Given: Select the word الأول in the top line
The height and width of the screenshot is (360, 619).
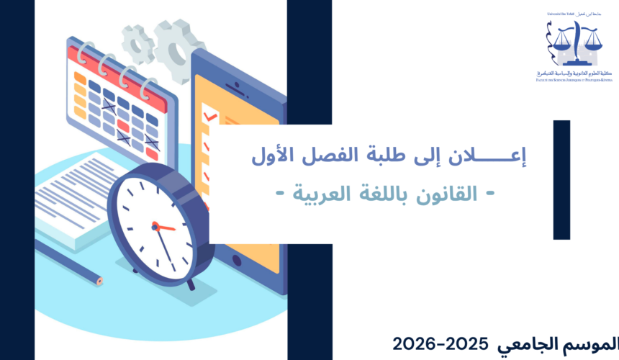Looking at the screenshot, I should [274, 155].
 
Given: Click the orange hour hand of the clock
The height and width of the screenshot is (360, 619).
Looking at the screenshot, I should [164, 227].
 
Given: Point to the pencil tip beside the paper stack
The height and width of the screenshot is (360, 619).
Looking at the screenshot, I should [98, 280].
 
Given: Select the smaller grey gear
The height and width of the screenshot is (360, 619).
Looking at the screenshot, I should [137, 43].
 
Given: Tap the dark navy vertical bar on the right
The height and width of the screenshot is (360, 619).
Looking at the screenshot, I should [561, 179].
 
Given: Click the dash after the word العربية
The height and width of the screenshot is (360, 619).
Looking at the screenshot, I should [278, 195].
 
